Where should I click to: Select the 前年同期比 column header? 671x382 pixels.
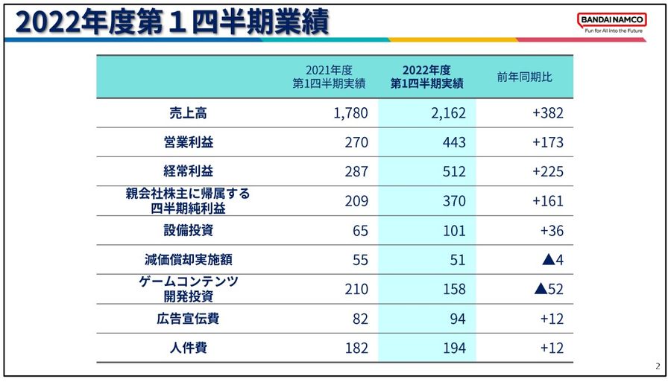pos(525,77)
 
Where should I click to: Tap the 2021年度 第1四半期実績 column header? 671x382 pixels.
pos(329,77)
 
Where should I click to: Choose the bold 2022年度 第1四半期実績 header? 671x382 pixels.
pos(427,77)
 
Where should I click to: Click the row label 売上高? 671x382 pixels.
pos(188,113)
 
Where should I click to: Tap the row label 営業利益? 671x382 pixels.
pos(188,142)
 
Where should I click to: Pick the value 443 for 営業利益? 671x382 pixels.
pos(453,142)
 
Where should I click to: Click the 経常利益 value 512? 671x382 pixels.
pos(453,171)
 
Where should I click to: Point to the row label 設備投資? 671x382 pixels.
pos(188,230)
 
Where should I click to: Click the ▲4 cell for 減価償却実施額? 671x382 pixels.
pos(552,260)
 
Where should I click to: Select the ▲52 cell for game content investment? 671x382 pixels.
pos(549,289)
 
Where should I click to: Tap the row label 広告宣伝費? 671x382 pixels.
pos(188,319)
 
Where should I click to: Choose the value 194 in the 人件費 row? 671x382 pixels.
pos(453,348)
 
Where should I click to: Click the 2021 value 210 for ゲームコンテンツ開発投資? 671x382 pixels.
pos(356,289)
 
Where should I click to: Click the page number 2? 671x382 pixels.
pos(658,366)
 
